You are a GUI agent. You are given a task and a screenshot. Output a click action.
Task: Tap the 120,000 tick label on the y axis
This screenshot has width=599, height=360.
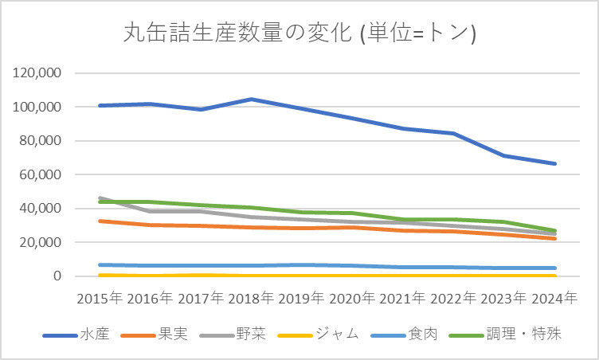coord(39,73)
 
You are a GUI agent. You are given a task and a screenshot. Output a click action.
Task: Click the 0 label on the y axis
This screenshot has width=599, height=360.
coord(61,276)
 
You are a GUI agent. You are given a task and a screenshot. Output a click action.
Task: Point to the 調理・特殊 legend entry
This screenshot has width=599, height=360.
coord(523,335)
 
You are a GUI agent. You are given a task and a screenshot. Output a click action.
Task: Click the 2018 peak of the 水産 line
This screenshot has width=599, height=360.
coord(252,100)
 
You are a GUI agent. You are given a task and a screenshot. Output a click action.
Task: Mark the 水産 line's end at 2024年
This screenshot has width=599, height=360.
coord(554,164)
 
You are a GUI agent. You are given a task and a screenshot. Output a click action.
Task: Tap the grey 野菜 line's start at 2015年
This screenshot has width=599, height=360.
coord(100,198)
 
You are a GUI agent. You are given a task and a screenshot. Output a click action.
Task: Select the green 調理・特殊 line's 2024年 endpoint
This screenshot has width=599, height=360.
coord(554,231)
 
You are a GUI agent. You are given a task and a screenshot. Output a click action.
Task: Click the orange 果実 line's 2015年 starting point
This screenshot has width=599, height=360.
coord(100,221)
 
